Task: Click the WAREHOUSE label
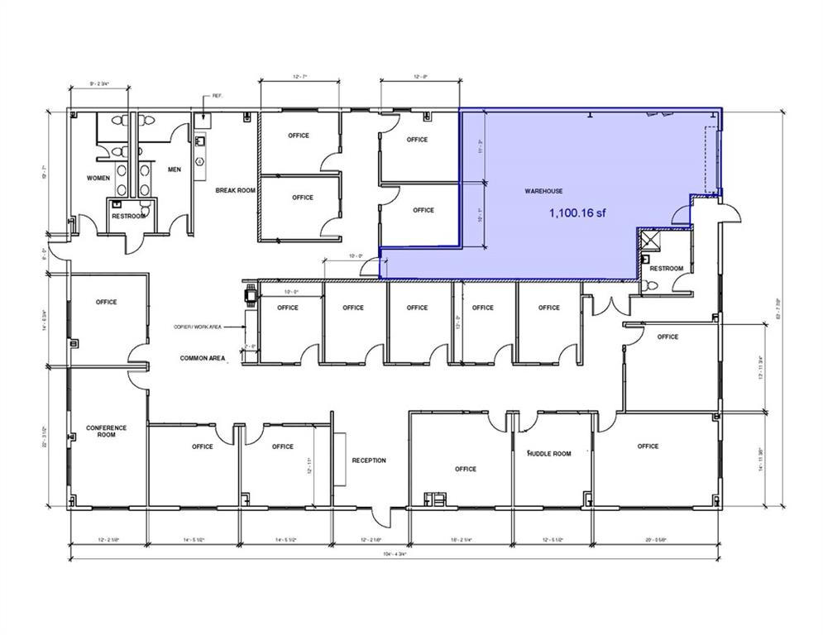[543, 191]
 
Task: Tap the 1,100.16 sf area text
[577, 212]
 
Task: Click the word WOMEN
[98, 178]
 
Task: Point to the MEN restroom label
[175, 169]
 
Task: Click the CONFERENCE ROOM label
[107, 431]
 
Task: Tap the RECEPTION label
[368, 461]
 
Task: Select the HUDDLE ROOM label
[549, 453]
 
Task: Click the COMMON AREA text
[203, 358]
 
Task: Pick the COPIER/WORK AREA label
[197, 327]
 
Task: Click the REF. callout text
[218, 96]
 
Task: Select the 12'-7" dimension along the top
[299, 77]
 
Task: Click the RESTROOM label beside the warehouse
[666, 268]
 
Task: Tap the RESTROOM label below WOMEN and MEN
[129, 217]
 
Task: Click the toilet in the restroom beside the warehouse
[651, 284]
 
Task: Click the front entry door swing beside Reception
[380, 518]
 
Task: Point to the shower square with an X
[649, 241]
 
